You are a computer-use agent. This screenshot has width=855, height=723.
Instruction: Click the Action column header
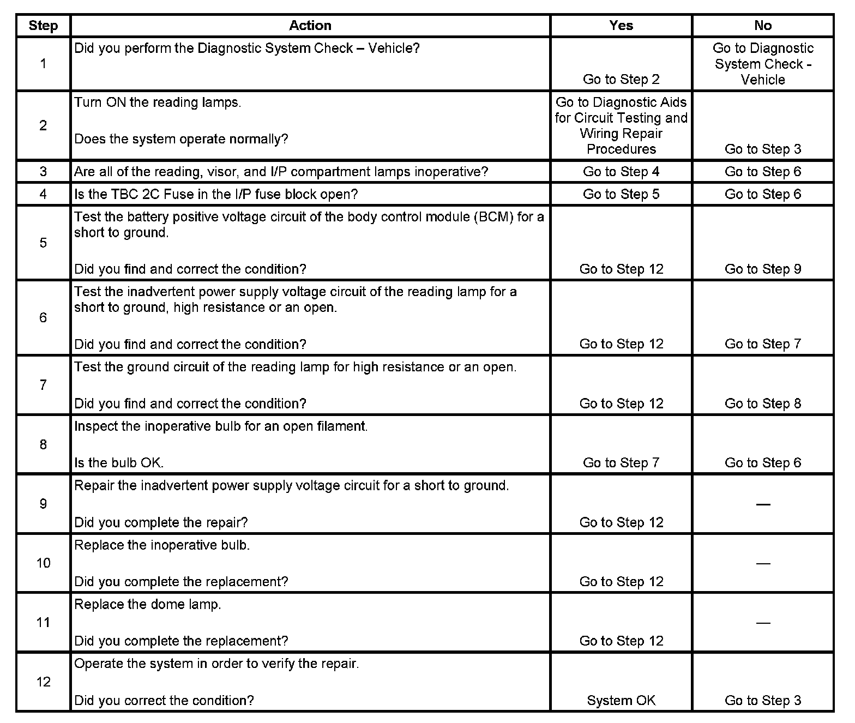click(x=310, y=26)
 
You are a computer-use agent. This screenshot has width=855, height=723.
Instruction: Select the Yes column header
click(x=621, y=26)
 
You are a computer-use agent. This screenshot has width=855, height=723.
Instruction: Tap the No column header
click(x=763, y=26)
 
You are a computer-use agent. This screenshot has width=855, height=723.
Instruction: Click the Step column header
click(x=43, y=26)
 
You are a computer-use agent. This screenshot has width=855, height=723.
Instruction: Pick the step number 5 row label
click(x=43, y=243)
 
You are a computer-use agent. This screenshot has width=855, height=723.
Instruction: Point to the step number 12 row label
click(x=43, y=682)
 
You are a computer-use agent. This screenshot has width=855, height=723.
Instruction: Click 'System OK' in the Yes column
click(x=621, y=700)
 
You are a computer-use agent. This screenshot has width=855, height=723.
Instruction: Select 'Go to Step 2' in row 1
click(x=621, y=79)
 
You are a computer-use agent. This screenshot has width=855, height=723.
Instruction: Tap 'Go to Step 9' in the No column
click(x=763, y=269)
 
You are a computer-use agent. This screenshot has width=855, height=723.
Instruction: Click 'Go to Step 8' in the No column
click(x=763, y=403)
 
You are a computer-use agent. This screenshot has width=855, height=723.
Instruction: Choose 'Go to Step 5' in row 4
click(x=621, y=194)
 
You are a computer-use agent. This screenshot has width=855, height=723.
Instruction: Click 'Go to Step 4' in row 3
click(x=621, y=172)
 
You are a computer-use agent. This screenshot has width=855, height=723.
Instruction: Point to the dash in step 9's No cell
click(x=763, y=504)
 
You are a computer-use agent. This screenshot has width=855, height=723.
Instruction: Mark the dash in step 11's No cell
click(x=763, y=623)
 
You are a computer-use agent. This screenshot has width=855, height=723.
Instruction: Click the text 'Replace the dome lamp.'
click(x=148, y=604)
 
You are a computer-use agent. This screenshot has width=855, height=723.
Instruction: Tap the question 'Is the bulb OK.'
click(x=119, y=463)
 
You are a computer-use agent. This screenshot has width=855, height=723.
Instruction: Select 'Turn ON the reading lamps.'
click(x=158, y=103)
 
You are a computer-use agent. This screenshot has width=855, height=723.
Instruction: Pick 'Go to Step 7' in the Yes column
click(x=621, y=463)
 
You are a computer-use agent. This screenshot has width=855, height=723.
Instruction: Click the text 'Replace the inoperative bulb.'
click(x=162, y=545)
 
